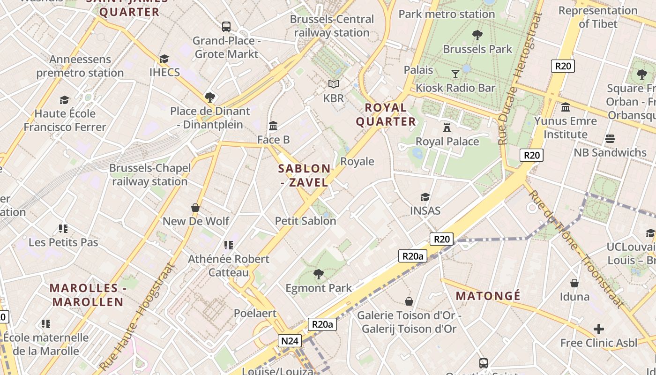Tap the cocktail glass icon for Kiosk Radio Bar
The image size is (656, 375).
(455, 74)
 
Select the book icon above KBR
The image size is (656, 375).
(333, 84)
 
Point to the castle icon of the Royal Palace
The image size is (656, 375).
(447, 127)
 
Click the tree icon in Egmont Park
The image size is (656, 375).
(319, 274)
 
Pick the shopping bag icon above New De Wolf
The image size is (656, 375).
(195, 207)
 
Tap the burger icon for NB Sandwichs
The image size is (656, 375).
(610, 139)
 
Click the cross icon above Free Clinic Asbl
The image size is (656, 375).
(598, 329)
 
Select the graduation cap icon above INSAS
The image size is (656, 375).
(425, 197)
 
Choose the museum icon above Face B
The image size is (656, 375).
(273, 126)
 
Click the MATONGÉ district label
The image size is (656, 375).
(488, 296)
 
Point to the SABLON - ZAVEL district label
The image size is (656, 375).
(305, 175)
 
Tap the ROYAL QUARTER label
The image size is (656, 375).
(386, 114)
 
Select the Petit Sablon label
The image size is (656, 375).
(306, 220)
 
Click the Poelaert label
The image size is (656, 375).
(255, 313)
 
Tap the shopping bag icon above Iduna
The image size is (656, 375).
(574, 283)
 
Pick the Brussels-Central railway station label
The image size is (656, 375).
(332, 26)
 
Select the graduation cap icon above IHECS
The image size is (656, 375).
(164, 59)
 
